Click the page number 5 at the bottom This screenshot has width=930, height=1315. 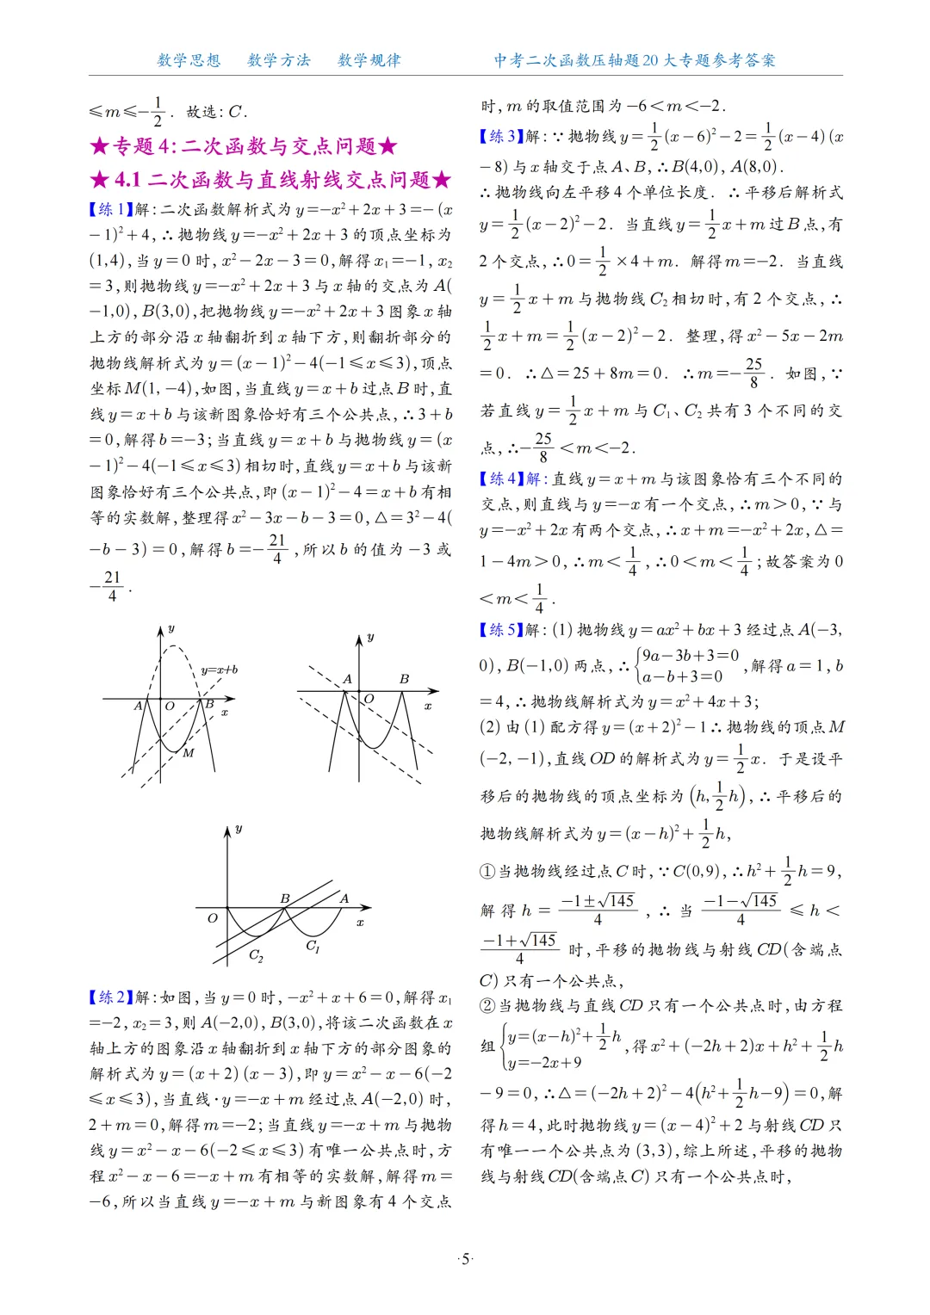tap(466, 1259)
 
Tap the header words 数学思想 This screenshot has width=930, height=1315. tap(189, 60)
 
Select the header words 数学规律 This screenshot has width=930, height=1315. tap(369, 60)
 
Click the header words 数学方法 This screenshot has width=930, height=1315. tap(279, 60)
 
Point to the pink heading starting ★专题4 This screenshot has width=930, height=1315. tap(244, 146)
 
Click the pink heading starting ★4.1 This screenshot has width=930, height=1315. tap(270, 180)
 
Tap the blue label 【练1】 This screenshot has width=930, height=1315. tap(110, 209)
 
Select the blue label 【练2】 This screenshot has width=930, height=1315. tap(110, 997)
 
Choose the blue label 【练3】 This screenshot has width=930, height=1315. tap(501, 136)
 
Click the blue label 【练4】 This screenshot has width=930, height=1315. tap(501, 478)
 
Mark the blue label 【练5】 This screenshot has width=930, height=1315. tap(501, 629)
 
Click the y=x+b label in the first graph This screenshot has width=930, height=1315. tap(219, 670)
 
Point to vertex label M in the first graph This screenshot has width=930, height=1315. tap(189, 752)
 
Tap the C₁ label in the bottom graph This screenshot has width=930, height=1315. tap(313, 946)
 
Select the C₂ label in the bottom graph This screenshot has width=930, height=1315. tap(256, 955)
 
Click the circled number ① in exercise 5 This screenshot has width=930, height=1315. tap(487, 871)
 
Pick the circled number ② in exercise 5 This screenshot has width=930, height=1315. tap(487, 1005)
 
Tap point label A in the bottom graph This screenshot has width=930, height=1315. tap(344, 898)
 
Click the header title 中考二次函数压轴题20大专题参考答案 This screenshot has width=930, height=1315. tap(635, 60)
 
